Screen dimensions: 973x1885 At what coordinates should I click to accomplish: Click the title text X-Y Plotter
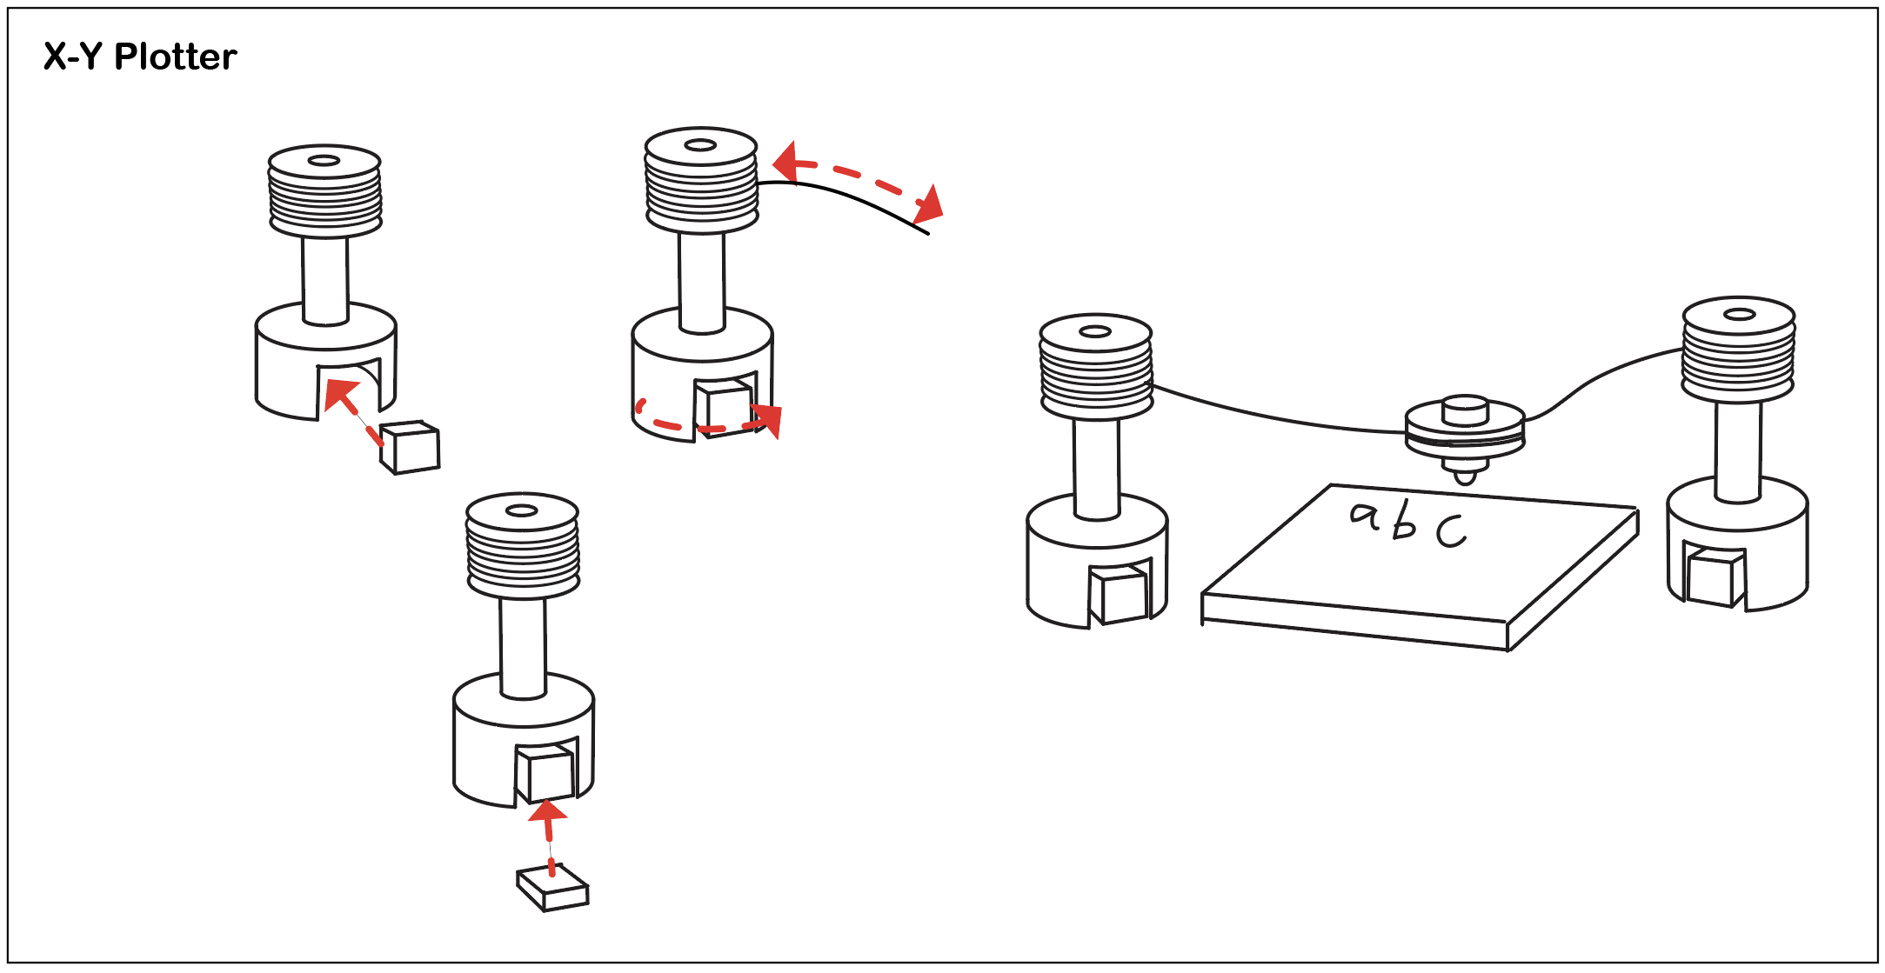tap(139, 57)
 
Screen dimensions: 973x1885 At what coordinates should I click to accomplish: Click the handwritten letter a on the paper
tap(1365, 516)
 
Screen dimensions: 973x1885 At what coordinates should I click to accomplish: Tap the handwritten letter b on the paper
tap(1402, 523)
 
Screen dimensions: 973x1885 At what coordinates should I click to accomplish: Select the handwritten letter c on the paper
tap(1450, 530)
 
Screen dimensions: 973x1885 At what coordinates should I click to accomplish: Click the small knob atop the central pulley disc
tap(1466, 409)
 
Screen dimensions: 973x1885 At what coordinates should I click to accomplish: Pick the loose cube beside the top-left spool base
tap(411, 447)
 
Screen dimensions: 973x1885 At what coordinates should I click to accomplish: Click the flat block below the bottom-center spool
tap(552, 889)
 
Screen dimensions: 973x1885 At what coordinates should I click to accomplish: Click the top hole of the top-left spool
tap(324, 160)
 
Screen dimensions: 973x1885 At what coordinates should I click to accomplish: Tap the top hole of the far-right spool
tap(1739, 314)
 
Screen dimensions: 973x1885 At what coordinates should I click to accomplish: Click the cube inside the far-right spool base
tap(1714, 577)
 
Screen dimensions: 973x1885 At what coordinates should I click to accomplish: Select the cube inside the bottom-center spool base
tap(545, 774)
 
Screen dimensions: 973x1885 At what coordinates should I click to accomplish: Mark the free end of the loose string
tap(927, 233)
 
